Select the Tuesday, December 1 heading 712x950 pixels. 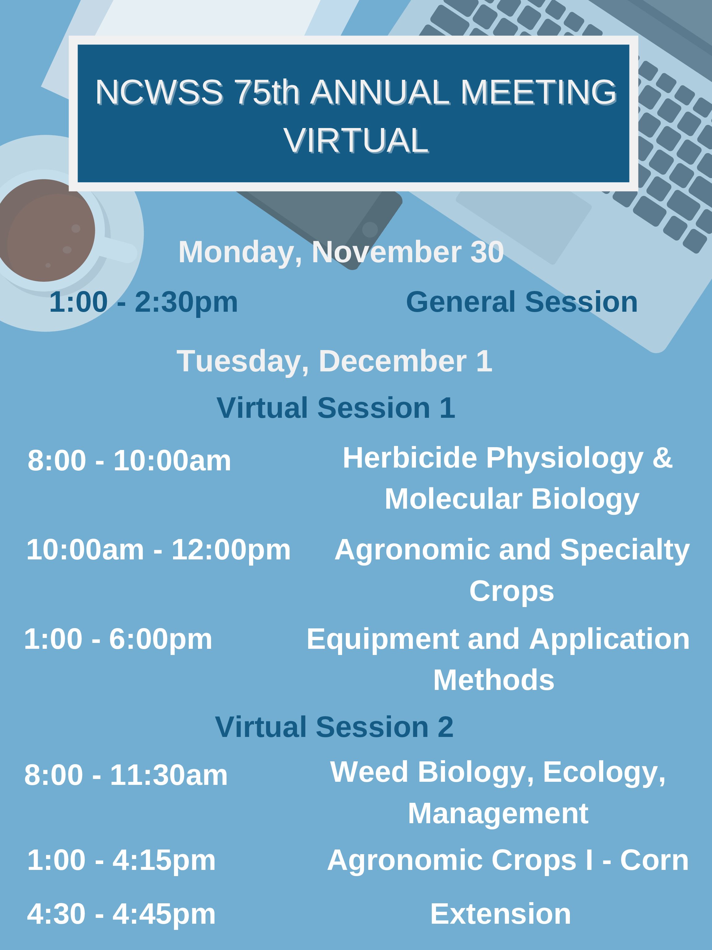pyautogui.click(x=334, y=362)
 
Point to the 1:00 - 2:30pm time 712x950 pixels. pyautogui.click(x=143, y=302)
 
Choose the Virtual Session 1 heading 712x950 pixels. pyautogui.click(x=336, y=408)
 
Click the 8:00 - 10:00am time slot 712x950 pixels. pyautogui.click(x=129, y=460)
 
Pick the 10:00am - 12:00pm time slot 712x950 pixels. pyautogui.click(x=158, y=550)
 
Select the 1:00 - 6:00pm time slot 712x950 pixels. pyautogui.click(x=118, y=640)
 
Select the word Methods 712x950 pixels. pyautogui.click(x=494, y=680)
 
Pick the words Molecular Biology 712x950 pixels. pyautogui.click(x=512, y=499)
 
